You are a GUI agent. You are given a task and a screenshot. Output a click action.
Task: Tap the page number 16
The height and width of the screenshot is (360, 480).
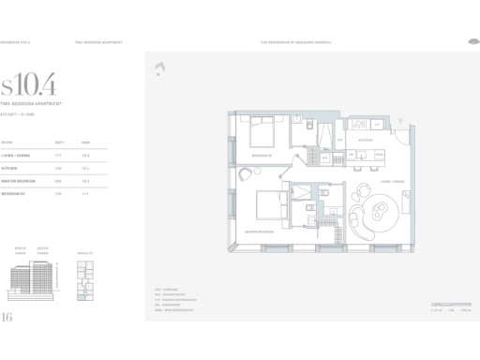click(8, 317)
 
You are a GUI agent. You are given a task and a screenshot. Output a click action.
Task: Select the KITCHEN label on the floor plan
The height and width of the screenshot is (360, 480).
click(367, 138)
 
